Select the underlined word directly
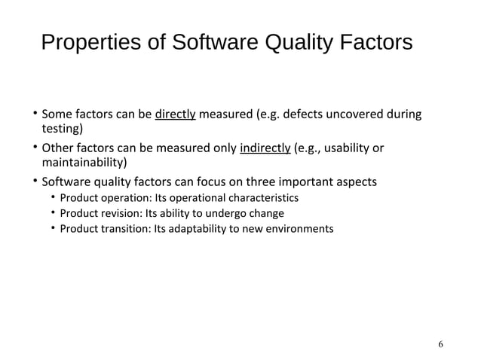click(176, 115)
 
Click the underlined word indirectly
click(265, 148)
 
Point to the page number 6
click(440, 344)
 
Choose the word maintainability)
click(84, 162)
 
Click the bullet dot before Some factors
click(34, 115)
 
